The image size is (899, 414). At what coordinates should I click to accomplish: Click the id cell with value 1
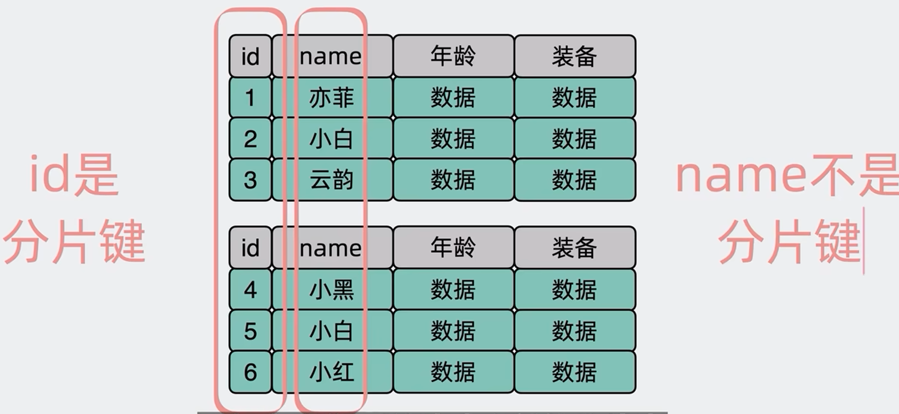(250, 98)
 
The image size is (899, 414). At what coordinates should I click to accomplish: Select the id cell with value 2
(250, 138)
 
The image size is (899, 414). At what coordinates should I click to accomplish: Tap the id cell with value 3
(250, 180)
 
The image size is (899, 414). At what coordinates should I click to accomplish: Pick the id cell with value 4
(250, 289)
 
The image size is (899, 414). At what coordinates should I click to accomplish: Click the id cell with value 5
(250, 331)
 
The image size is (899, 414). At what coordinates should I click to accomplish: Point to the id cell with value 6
(250, 372)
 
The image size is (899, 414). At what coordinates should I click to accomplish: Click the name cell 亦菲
(332, 98)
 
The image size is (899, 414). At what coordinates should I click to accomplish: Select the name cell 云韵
(332, 180)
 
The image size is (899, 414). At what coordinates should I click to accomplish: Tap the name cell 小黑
(332, 289)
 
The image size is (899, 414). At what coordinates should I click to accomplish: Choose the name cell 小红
(332, 372)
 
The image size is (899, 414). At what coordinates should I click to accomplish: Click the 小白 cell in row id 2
(332, 138)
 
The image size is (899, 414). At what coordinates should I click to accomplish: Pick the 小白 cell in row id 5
(332, 331)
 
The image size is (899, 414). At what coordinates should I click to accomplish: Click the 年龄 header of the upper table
(453, 56)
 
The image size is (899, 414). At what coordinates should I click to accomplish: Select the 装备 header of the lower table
(575, 248)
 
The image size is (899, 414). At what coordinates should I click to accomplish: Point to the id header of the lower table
(250, 248)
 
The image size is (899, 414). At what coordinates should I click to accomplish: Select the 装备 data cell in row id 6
(575, 372)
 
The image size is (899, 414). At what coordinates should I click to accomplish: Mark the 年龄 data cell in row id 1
(453, 98)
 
